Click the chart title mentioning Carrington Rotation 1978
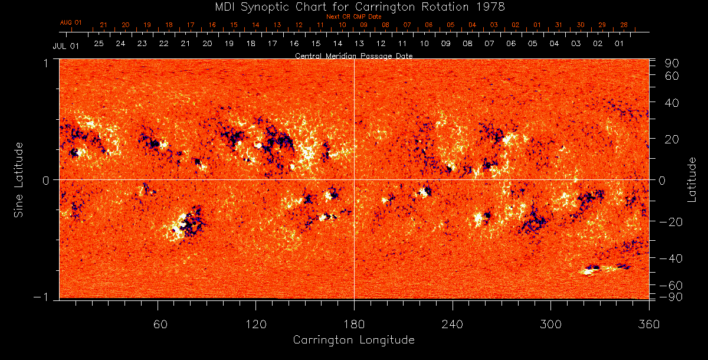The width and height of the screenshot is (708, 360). point(354,6)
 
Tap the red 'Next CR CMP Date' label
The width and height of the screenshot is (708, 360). point(354,17)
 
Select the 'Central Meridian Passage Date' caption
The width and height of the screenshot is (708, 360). point(353,56)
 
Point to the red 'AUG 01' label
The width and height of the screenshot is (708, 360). point(71,22)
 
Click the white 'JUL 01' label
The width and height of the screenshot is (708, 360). point(66,45)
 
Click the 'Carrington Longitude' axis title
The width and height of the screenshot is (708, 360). point(353,340)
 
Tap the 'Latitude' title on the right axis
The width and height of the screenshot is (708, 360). point(691,179)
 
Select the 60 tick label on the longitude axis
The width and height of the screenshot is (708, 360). point(158,324)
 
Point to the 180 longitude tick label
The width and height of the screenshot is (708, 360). point(354,324)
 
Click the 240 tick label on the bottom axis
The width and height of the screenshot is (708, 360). point(453,324)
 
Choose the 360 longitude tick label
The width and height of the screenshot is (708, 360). point(648,324)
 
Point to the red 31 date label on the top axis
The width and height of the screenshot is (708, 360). point(559,25)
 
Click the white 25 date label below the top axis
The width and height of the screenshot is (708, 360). point(99,44)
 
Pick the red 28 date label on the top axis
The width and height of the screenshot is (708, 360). point(624,25)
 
